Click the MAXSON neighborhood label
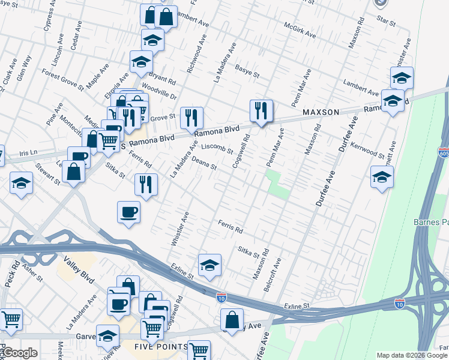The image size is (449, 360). pos(321,112)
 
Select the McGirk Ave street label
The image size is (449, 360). pos(300,31)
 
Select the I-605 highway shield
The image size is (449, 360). pos(444,153)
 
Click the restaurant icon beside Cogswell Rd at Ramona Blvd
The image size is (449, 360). pos(261,110)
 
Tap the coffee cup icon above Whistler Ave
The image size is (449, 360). pos(129,212)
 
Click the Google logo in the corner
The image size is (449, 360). pos(19,353)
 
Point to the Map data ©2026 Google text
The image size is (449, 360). pos(412,355)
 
